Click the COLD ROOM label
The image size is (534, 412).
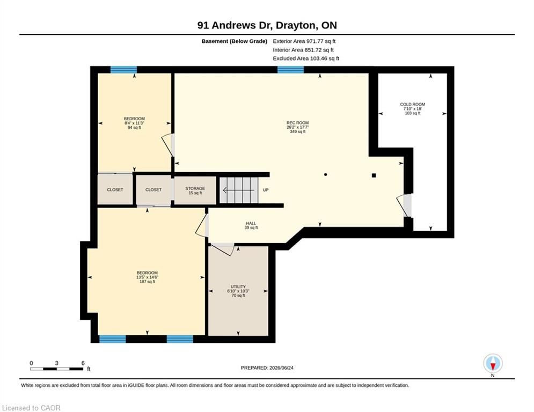click(x=412, y=105)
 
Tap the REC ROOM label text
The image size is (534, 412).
click(x=297, y=123)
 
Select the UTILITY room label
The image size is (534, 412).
click(x=238, y=286)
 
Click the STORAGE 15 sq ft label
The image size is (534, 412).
click(x=195, y=190)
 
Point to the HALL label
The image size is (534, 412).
click(x=251, y=223)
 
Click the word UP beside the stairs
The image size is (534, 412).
click(x=266, y=190)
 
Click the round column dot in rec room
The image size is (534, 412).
click(x=326, y=175)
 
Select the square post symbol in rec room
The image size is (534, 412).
click(x=374, y=175)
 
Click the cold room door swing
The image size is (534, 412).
click(x=404, y=205)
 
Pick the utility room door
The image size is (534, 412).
click(x=222, y=249)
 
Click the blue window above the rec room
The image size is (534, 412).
click(x=290, y=70)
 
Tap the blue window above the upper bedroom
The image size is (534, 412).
click(x=123, y=70)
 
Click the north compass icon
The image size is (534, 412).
click(x=493, y=364)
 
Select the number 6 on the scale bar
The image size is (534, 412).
click(x=83, y=363)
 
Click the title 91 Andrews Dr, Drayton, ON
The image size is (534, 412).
click(x=267, y=25)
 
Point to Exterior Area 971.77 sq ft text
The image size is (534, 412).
click(x=304, y=41)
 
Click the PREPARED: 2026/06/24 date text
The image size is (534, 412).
click(x=267, y=367)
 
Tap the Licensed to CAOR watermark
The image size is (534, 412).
click(x=31, y=408)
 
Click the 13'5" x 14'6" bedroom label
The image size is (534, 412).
click(x=147, y=277)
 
